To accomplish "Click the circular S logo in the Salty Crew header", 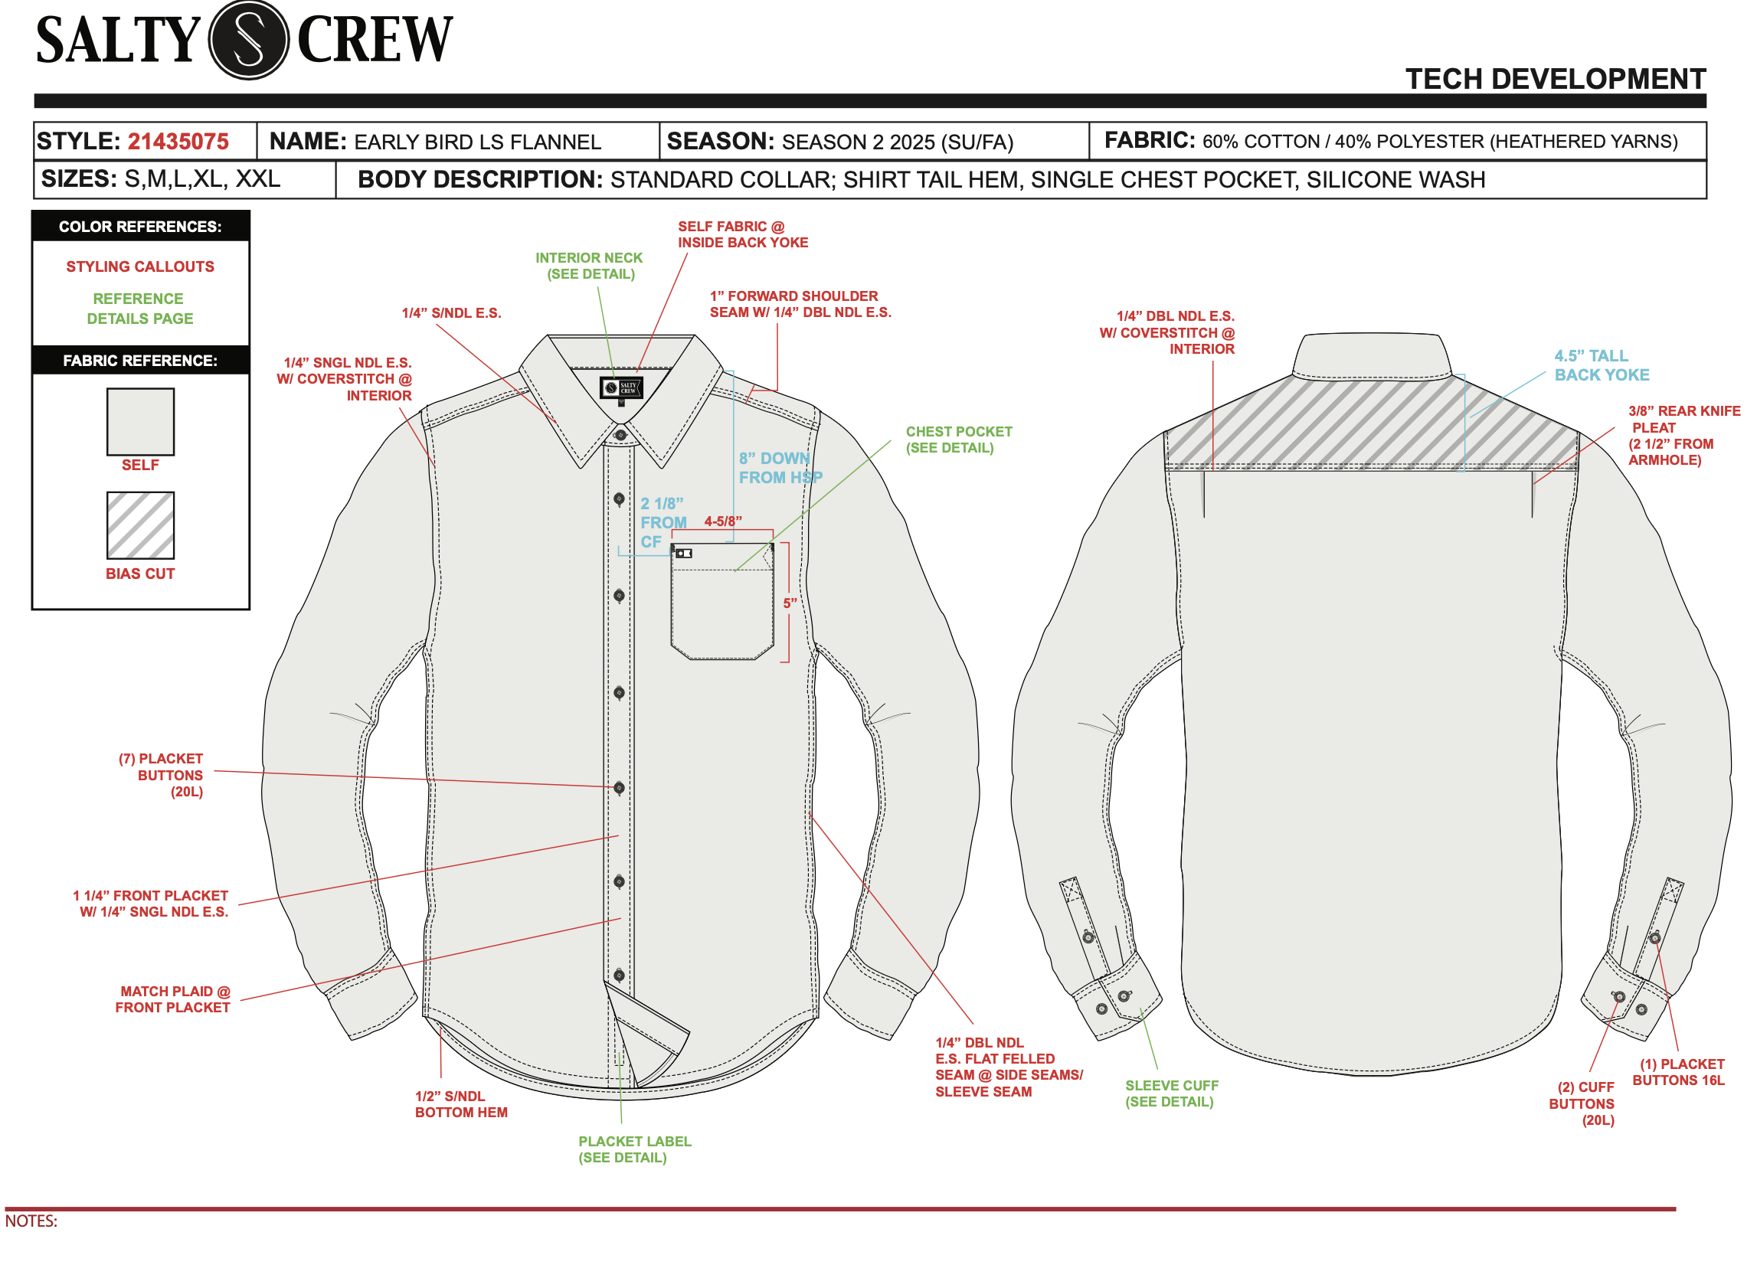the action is tap(249, 40).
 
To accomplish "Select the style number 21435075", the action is tap(178, 142).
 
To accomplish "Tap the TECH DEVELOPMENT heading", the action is tap(1555, 79).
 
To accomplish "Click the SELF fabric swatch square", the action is tap(140, 421).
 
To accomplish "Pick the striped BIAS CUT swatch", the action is tap(140, 525).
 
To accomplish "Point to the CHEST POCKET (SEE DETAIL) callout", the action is tap(958, 440).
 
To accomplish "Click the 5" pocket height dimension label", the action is tap(790, 603).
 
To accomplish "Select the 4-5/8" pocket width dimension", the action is tap(723, 521).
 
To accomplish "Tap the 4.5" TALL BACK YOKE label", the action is tap(1601, 365).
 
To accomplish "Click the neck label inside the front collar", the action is tap(622, 387).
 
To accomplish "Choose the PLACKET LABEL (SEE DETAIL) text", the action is tap(634, 1149).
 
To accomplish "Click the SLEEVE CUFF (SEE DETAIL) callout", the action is tap(1170, 1093).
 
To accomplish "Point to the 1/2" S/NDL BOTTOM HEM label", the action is tap(461, 1104).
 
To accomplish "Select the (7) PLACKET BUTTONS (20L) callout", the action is tap(161, 775).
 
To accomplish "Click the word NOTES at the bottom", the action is tap(31, 1221).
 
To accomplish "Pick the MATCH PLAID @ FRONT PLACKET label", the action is tap(174, 999).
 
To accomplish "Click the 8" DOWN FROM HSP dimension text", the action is tap(780, 468).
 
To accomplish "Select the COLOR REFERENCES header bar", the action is tap(140, 226).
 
